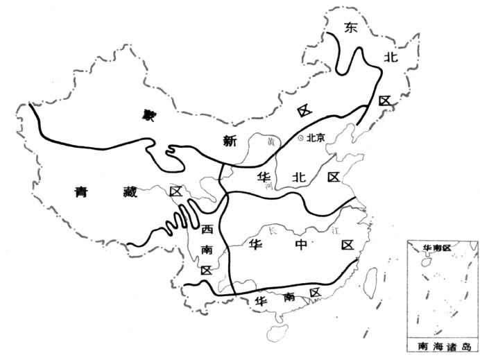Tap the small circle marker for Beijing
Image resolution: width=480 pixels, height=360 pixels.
(300, 138)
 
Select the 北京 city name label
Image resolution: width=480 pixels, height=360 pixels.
(316, 138)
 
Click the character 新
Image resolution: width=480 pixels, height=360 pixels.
(230, 140)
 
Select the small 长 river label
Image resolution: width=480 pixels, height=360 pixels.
(272, 230)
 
